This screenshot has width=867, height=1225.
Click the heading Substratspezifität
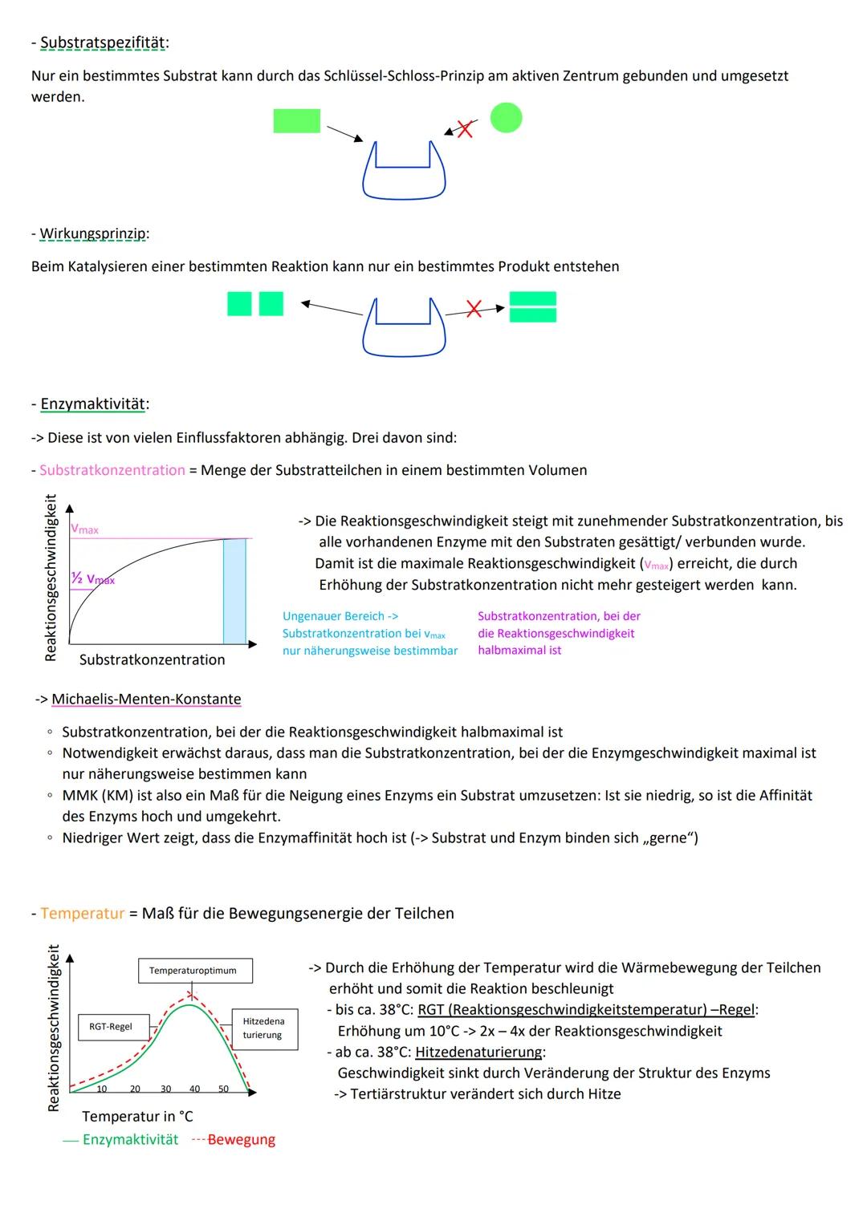(x=103, y=43)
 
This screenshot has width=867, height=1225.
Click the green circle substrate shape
(x=506, y=118)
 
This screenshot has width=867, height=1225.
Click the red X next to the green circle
(x=464, y=128)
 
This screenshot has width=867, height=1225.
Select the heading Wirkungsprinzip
(x=92, y=233)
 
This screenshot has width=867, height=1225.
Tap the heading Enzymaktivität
(x=93, y=404)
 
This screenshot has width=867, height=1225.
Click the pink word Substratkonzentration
(x=112, y=470)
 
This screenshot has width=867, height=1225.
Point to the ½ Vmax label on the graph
(x=92, y=579)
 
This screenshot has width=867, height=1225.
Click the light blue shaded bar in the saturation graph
(x=234, y=591)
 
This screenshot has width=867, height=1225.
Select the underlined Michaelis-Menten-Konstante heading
(x=146, y=699)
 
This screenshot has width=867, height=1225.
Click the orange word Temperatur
(x=83, y=913)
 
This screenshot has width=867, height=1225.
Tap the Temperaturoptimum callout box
(x=193, y=971)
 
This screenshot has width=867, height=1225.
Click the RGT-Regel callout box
(x=111, y=1027)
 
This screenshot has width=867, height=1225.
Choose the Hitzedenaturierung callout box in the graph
(x=263, y=1028)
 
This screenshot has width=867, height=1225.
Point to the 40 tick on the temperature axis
(x=195, y=1089)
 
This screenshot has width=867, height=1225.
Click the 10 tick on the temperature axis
(x=102, y=1089)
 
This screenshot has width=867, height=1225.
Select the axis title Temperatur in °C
(x=137, y=1116)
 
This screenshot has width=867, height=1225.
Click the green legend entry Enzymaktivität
(x=129, y=1140)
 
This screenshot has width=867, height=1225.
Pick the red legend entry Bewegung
(x=241, y=1140)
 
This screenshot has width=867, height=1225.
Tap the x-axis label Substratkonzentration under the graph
(x=152, y=659)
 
